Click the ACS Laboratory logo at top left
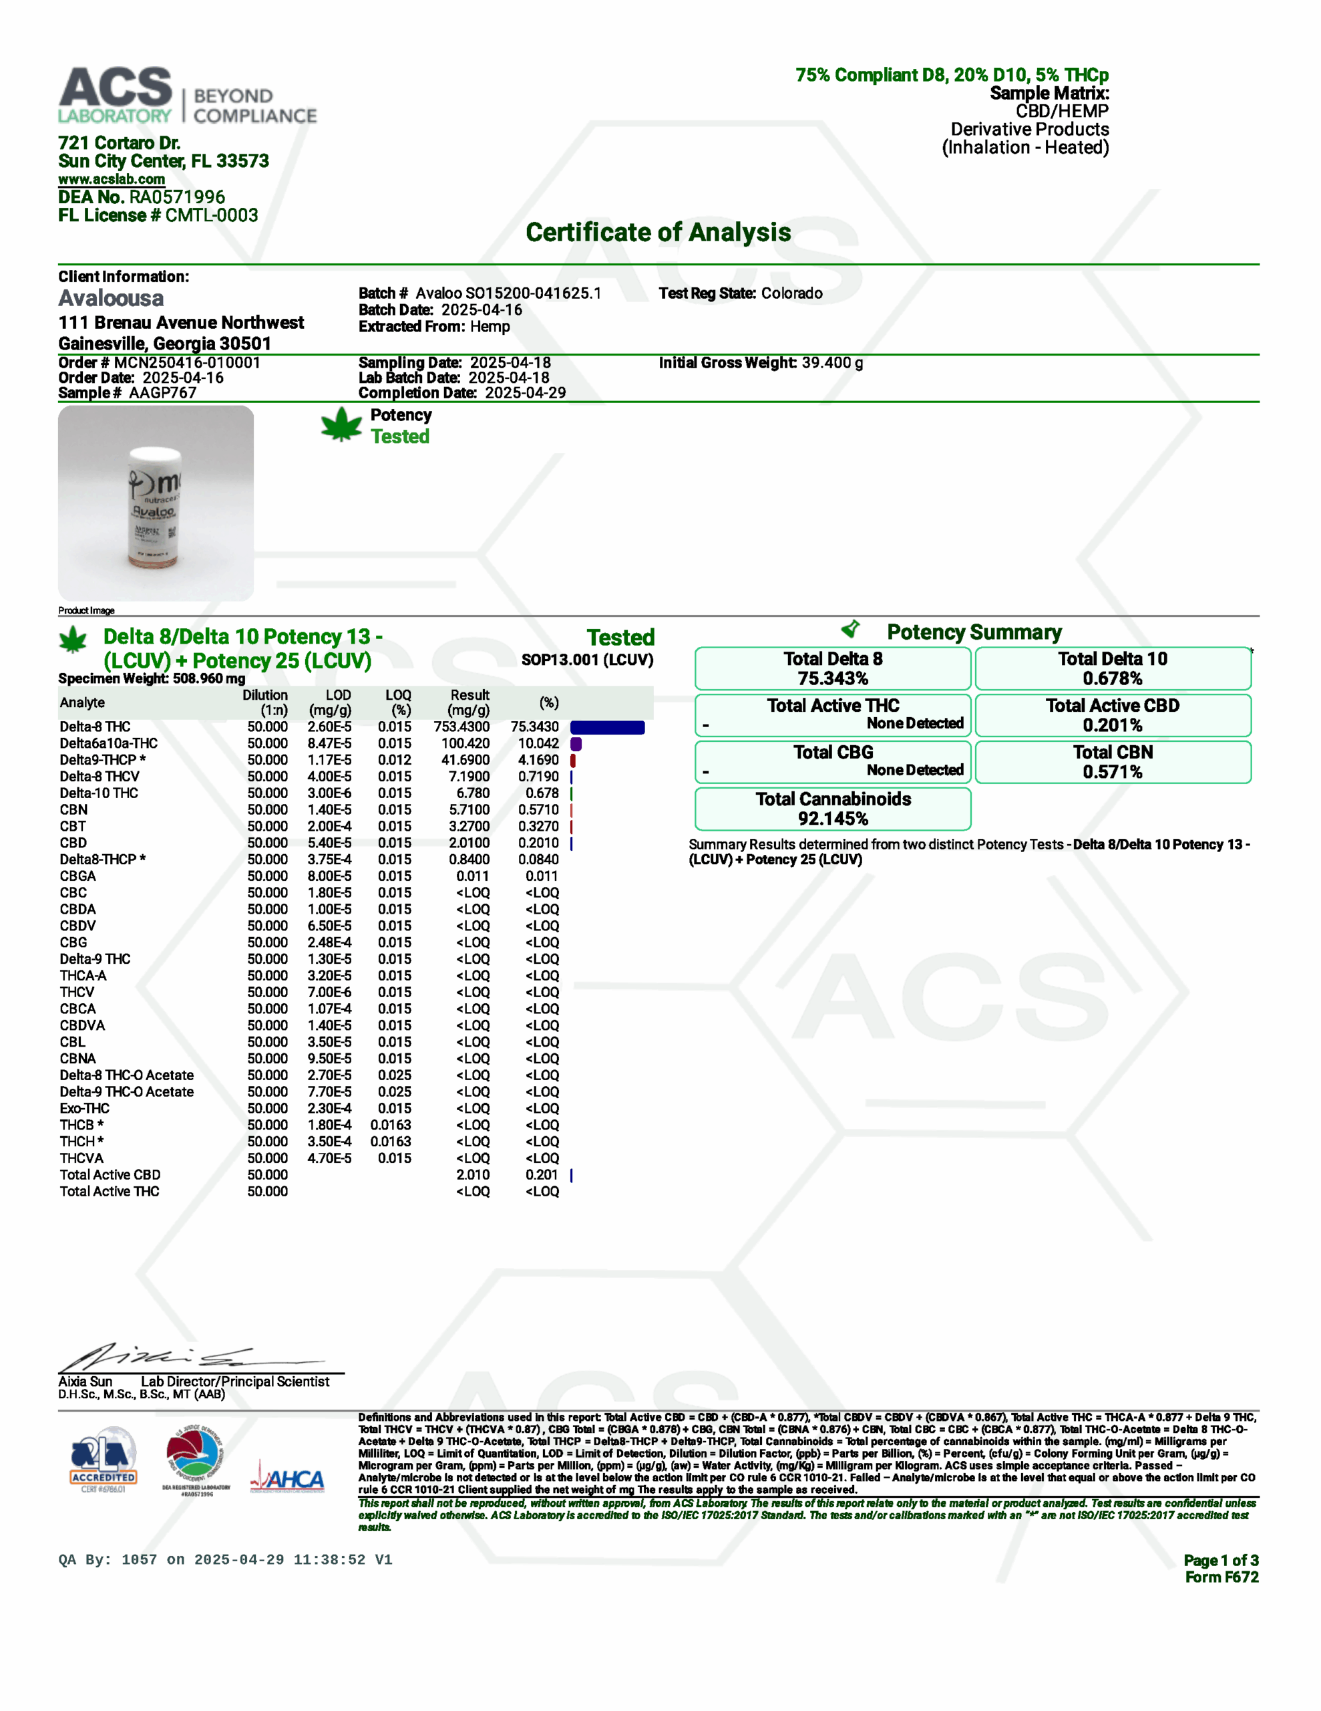coord(186,96)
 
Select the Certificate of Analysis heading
coord(658,233)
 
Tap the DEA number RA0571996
coord(177,197)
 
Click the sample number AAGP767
coord(162,393)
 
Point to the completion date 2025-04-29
coord(525,393)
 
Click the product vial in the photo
coord(156,505)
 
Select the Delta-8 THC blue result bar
coord(607,728)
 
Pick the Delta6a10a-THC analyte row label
coord(109,743)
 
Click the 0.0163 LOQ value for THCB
coord(391,1125)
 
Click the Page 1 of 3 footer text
coord(1220,1561)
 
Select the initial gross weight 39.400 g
coord(831,363)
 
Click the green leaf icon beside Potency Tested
coord(341,425)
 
